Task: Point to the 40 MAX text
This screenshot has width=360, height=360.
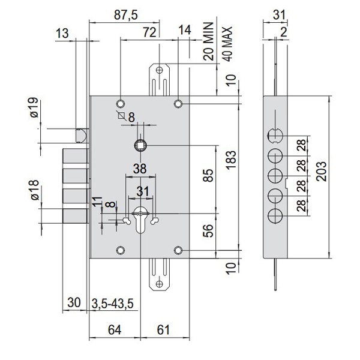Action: click(227, 41)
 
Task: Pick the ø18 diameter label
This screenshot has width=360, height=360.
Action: click(34, 191)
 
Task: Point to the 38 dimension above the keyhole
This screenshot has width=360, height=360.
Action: click(140, 169)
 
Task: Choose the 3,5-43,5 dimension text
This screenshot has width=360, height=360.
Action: click(115, 304)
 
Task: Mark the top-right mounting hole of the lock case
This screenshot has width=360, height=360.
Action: click(178, 104)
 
